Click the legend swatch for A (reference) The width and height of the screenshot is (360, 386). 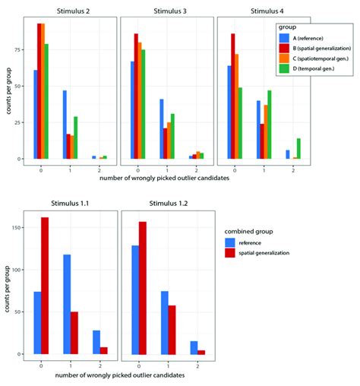283,36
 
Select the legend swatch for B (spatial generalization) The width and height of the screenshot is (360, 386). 283,47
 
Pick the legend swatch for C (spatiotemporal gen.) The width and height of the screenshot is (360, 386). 283,58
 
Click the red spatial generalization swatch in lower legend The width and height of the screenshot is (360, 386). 230,252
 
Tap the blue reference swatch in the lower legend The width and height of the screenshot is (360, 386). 230,242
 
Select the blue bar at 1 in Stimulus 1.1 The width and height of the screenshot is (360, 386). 67,304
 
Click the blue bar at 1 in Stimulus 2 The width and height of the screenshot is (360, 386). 64,125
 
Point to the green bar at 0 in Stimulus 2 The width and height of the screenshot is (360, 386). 46,102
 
